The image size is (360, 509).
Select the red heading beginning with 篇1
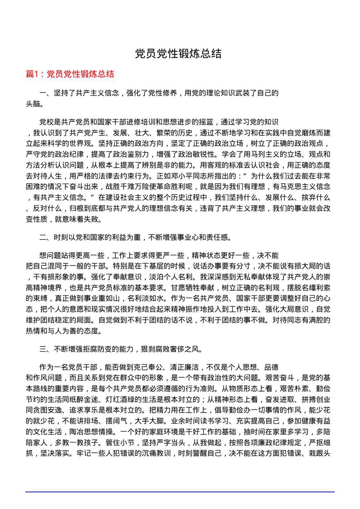70,74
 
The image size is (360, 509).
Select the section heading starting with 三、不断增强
120,349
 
